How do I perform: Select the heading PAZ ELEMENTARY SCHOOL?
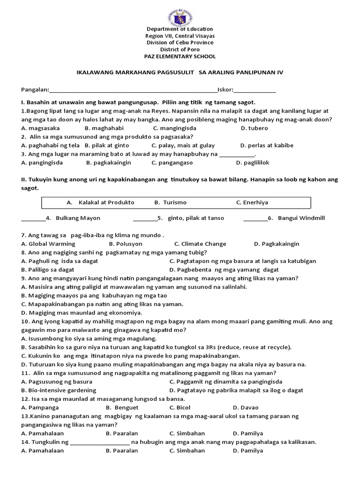pyautogui.click(x=180, y=56)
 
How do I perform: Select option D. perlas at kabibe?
pyautogui.click(x=266, y=145)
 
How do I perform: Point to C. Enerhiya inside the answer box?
pyautogui.click(x=252, y=202)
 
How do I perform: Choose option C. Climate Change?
pyautogui.click(x=200, y=244)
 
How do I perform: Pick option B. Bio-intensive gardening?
pyautogui.click(x=59, y=390)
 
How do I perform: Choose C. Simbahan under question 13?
pyautogui.click(x=187, y=434)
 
